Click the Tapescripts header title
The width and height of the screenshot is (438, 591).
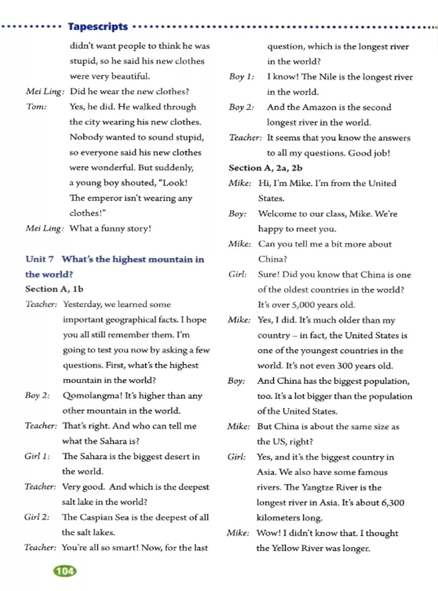click(98, 27)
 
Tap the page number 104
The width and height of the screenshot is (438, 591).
click(65, 571)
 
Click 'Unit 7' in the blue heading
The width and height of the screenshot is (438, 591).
click(39, 259)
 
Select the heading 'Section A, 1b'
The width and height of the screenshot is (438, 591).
click(54, 289)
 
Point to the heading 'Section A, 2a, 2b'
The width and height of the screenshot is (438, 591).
click(266, 168)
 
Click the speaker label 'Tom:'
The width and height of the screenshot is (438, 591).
click(36, 107)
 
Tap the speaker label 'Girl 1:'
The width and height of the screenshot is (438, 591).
click(37, 456)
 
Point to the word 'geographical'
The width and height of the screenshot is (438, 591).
click(131, 320)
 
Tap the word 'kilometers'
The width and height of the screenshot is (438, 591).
click(278, 518)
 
